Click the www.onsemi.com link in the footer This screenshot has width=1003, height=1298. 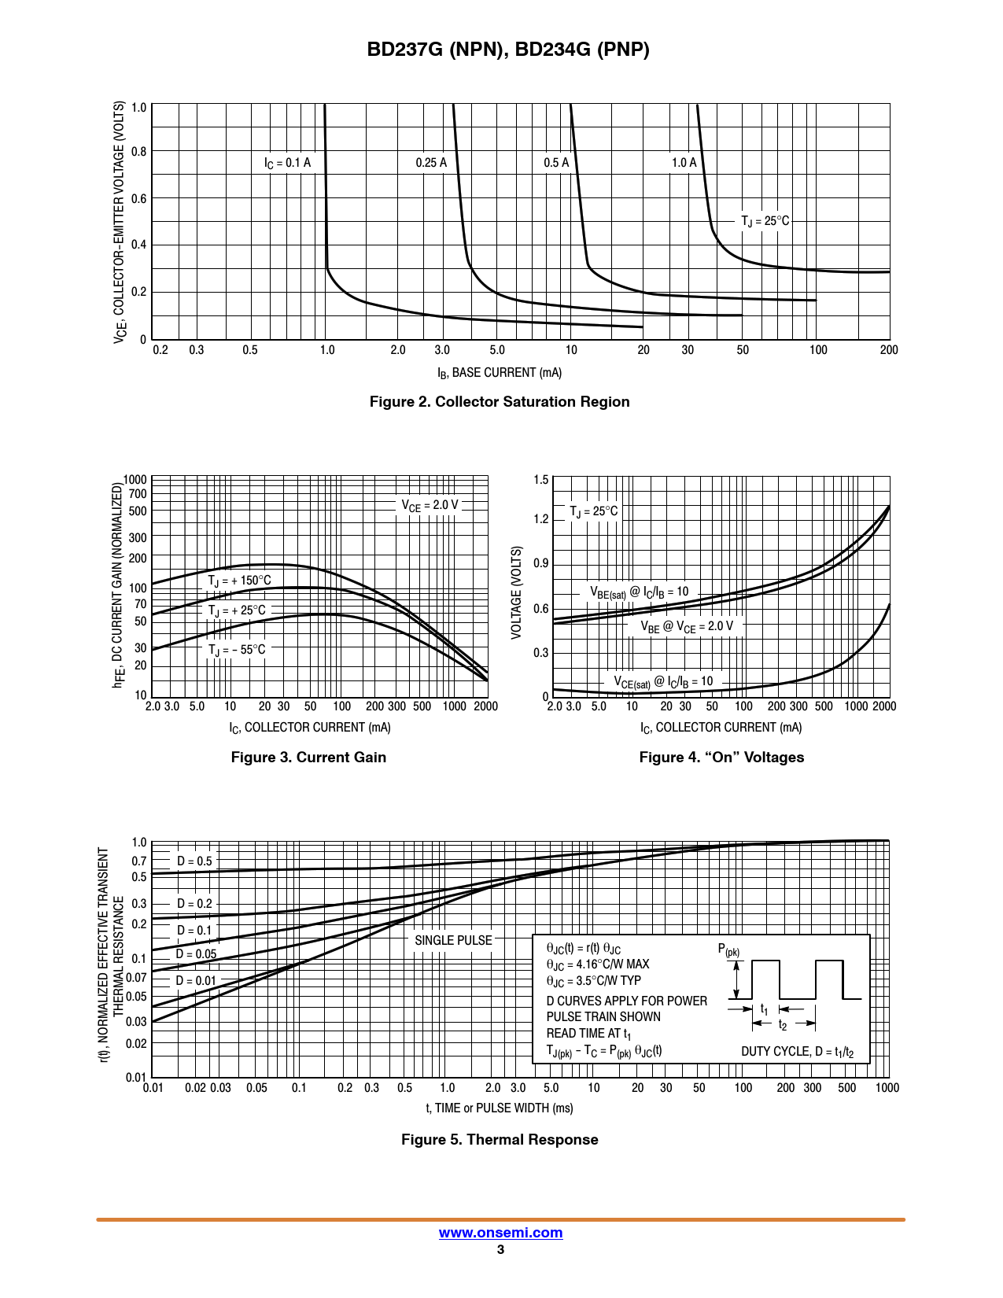click(x=500, y=1233)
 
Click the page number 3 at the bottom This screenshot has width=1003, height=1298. click(x=500, y=1250)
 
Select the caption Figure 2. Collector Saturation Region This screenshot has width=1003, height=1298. click(x=500, y=402)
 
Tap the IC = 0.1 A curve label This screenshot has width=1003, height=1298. click(x=287, y=163)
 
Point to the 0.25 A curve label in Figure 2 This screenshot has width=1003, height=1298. click(x=431, y=163)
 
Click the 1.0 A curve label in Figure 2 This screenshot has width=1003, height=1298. click(x=684, y=163)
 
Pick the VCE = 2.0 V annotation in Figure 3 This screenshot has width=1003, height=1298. click(x=430, y=506)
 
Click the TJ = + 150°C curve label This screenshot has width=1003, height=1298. click(x=239, y=581)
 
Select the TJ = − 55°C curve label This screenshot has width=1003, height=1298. click(x=237, y=650)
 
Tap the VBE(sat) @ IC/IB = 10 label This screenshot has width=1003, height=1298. click(x=639, y=592)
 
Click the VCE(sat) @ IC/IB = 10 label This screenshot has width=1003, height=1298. click(x=663, y=682)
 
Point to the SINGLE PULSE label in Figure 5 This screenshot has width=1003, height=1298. click(x=453, y=941)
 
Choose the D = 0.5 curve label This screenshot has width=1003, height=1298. click(x=194, y=861)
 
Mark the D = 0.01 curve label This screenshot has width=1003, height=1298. click(x=195, y=981)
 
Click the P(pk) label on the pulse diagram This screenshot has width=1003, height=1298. click(x=728, y=950)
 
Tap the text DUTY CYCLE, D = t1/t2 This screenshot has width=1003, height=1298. click(x=797, y=1052)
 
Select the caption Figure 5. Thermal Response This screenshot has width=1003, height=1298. click(x=500, y=1140)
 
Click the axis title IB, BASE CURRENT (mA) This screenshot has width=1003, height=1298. click(x=500, y=373)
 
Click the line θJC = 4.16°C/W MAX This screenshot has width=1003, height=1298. click(x=598, y=964)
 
